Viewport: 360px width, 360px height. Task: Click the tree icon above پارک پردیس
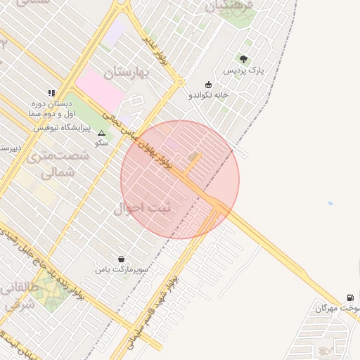(243, 59)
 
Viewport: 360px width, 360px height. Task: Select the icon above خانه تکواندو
(208, 84)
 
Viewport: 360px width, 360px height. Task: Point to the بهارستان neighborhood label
(128, 72)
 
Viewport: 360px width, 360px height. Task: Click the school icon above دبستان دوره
(51, 92)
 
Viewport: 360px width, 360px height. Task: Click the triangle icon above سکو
(101, 132)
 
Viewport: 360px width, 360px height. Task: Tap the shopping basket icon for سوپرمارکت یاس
(122, 258)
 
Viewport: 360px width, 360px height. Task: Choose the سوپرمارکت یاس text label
(122, 269)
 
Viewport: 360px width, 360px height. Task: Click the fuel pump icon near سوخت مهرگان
(350, 298)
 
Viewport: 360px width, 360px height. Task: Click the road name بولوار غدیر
(157, 51)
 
